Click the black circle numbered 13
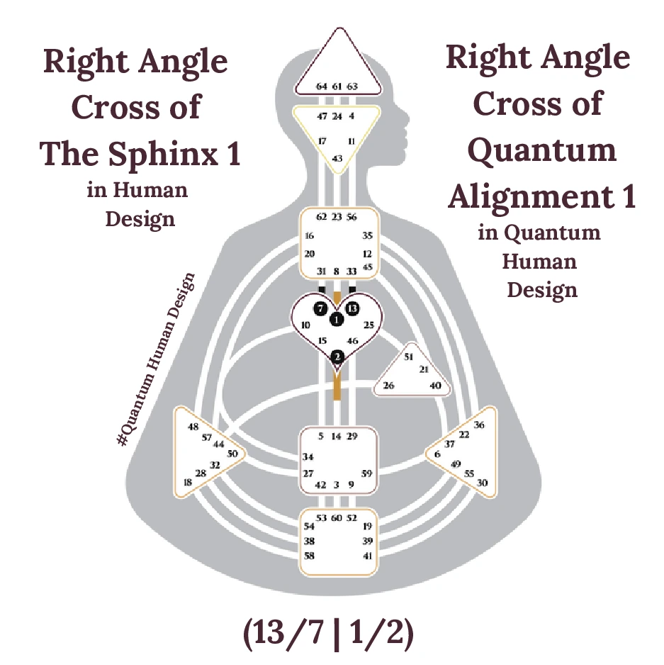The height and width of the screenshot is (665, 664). point(353,308)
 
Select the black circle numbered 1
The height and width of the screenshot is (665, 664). point(337,319)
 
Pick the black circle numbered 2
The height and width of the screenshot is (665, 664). point(337,356)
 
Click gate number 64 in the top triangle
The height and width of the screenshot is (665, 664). point(322,86)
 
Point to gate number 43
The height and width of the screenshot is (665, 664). point(337,157)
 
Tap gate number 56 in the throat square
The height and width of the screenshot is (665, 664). point(352,217)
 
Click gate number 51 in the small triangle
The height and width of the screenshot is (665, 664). point(408,357)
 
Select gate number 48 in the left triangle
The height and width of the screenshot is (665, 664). point(193,427)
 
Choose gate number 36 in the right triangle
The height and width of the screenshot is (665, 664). point(479,425)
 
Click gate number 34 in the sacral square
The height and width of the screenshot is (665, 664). point(308,457)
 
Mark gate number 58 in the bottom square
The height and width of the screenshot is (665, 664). point(309,557)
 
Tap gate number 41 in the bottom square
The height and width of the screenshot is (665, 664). point(367,557)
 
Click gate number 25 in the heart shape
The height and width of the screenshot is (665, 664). point(368,325)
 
